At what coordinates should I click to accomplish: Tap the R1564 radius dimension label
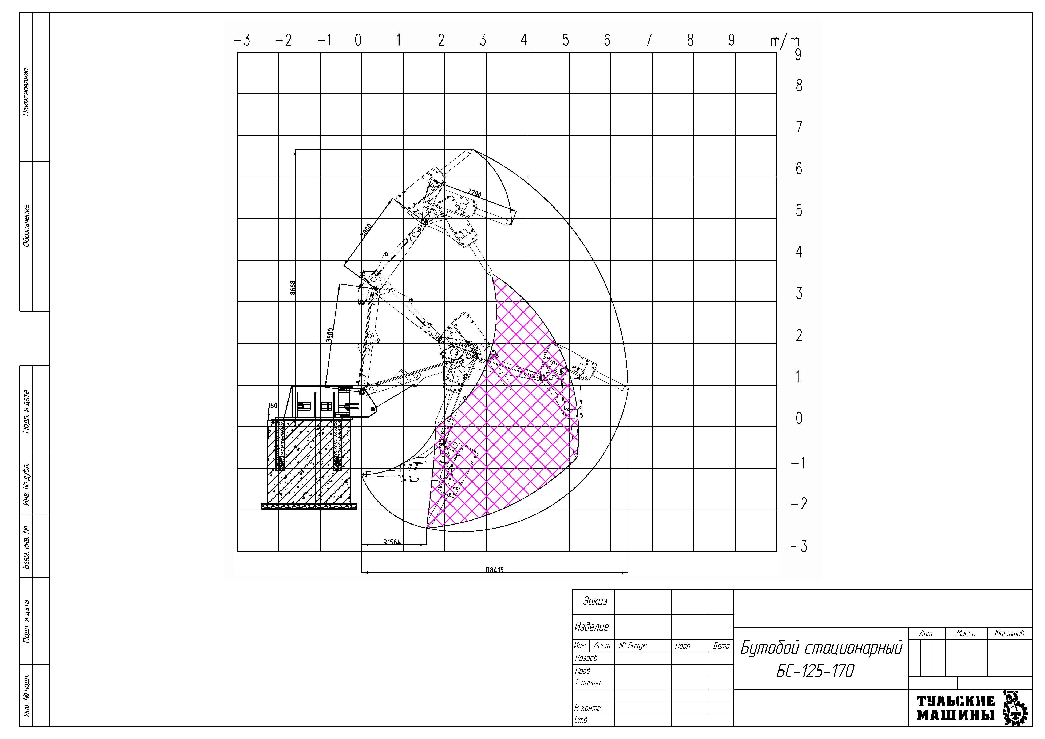coord(392,542)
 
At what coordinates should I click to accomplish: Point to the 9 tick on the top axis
coord(731,40)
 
